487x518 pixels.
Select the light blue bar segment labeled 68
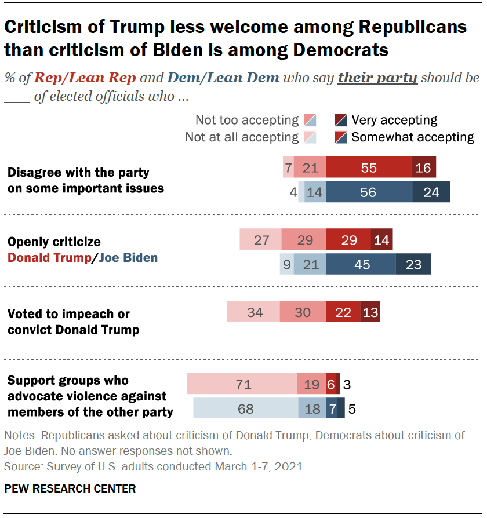pyautogui.click(x=245, y=408)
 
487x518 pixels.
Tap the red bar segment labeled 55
pyautogui.click(x=369, y=168)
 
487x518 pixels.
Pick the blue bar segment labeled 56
pyautogui.click(x=369, y=192)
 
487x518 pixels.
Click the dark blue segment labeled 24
pyautogui.click(x=431, y=192)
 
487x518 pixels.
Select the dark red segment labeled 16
pyautogui.click(x=424, y=168)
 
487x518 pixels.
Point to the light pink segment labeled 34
pyautogui.click(x=253, y=312)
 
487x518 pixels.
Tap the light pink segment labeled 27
pyautogui.click(x=261, y=239)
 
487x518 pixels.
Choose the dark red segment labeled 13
pyautogui.click(x=370, y=312)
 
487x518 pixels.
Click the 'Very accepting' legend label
pyautogui.click(x=394, y=121)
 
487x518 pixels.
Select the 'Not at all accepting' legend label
pyautogui.click(x=242, y=137)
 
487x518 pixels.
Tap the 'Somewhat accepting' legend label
pyautogui.click(x=413, y=137)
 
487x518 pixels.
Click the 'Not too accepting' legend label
pyautogui.click(x=246, y=121)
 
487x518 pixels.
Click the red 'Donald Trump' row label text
pyautogui.click(x=49, y=257)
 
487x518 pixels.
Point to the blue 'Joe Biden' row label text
pyautogui.click(x=128, y=257)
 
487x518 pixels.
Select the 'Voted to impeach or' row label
pyautogui.click(x=68, y=313)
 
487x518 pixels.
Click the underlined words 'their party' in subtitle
pyautogui.click(x=377, y=78)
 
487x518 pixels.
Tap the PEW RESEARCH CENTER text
pyautogui.click(x=70, y=488)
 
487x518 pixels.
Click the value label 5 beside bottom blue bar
pyautogui.click(x=351, y=408)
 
